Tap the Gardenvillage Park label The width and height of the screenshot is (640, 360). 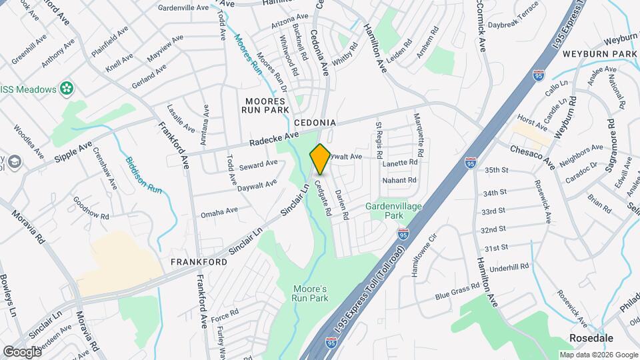coord(393,211)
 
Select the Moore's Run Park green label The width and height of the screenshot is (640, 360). coord(310,294)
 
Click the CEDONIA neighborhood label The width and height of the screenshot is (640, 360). coord(313,123)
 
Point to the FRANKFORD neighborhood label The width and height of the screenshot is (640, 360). coord(198,262)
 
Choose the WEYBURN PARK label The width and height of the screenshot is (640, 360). coord(599,53)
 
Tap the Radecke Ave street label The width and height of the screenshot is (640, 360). coord(274,139)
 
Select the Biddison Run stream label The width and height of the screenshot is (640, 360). coord(144,175)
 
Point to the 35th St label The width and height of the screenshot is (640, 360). coord(496,170)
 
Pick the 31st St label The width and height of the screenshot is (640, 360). coord(496,247)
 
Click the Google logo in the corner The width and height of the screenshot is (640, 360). coord(22,351)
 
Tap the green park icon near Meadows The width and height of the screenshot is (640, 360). coord(67,87)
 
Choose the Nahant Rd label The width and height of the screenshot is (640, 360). coord(399,180)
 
